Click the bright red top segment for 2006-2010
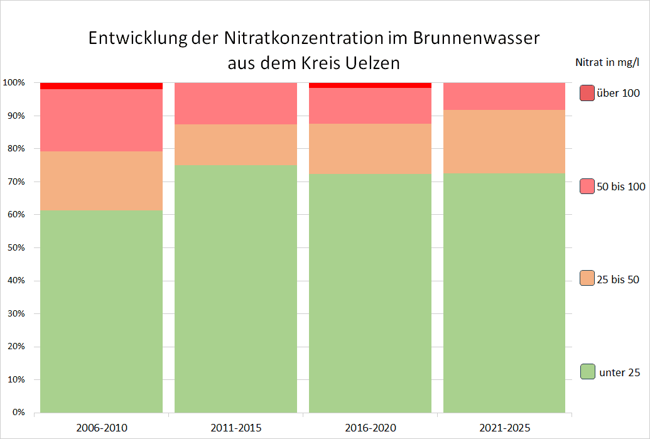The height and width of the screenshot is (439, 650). click(101, 86)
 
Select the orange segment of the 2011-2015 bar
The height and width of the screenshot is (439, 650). click(236, 144)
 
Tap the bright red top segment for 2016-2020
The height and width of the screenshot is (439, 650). click(370, 85)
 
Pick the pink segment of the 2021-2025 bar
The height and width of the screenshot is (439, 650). click(504, 96)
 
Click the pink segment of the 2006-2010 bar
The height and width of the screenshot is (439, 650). click(101, 120)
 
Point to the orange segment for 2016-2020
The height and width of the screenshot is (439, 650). click(370, 149)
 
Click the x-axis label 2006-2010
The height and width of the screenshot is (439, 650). click(102, 428)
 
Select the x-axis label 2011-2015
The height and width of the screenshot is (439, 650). click(236, 428)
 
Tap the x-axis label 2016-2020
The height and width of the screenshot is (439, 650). click(370, 428)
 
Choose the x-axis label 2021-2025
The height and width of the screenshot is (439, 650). click(504, 428)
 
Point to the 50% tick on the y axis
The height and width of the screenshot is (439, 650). click(14, 248)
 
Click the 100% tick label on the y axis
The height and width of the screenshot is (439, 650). click(13, 83)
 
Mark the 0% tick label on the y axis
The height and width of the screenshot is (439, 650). click(17, 413)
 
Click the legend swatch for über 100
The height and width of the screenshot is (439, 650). click(587, 93)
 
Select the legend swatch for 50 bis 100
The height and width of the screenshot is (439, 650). click(587, 186)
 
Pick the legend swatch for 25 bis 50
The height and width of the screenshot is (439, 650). click(587, 279)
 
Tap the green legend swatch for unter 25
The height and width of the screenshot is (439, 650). click(587, 372)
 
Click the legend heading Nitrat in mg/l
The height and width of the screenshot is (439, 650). click(607, 62)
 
